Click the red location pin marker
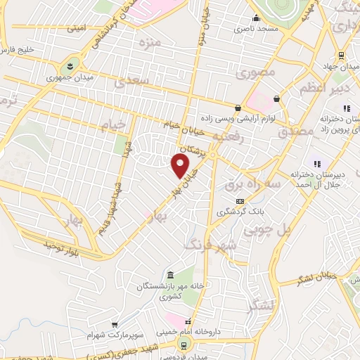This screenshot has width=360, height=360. coord(181,166)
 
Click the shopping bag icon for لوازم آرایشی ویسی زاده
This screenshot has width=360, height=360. coord(238,109)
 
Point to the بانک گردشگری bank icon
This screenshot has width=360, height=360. coord(240,202)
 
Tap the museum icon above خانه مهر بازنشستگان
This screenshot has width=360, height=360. coord(169,275)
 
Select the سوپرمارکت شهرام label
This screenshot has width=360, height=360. coord(111,333)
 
